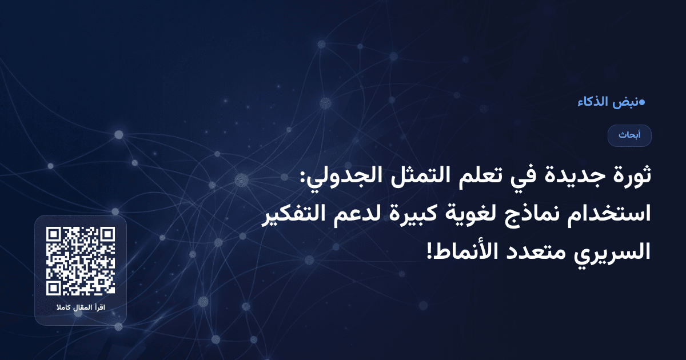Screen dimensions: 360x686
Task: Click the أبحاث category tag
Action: click(x=629, y=135)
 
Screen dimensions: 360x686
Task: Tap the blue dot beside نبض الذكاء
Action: click(x=641, y=102)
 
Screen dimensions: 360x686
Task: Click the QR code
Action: click(x=81, y=261)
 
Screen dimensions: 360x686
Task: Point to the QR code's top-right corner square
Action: click(x=107, y=235)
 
